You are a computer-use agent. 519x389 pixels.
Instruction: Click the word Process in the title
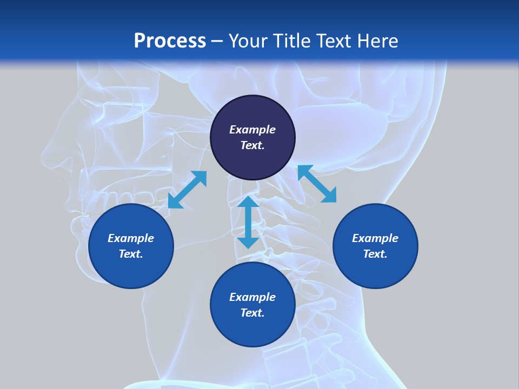[170, 41]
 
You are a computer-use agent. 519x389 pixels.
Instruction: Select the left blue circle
[131, 265]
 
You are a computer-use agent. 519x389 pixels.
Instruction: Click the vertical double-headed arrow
[248, 222]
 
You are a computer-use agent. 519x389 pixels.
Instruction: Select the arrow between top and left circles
[187, 190]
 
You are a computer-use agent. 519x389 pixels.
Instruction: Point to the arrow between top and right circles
[317, 184]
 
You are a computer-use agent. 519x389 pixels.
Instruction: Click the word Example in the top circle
[252, 130]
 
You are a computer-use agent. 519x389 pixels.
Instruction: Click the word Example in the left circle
[131, 238]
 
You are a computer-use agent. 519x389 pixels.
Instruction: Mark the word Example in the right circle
[375, 238]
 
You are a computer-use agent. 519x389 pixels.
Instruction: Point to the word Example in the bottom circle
[252, 297]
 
